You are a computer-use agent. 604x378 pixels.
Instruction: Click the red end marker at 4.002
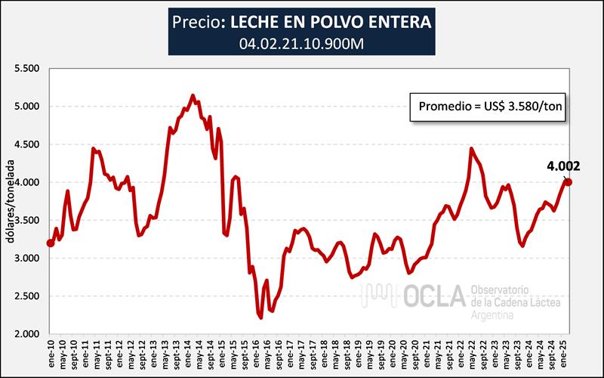pos(568,181)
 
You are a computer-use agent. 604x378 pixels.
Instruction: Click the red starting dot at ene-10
pos(50,243)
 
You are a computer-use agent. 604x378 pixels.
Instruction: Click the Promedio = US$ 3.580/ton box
pos(488,108)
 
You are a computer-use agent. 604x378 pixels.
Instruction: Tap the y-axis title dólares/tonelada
pos(11,200)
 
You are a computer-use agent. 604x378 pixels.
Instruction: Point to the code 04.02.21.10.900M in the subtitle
pos(302,42)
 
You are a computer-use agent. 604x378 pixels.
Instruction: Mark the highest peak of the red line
pos(193,95)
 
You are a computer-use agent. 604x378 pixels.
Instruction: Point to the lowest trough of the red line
pos(260,318)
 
